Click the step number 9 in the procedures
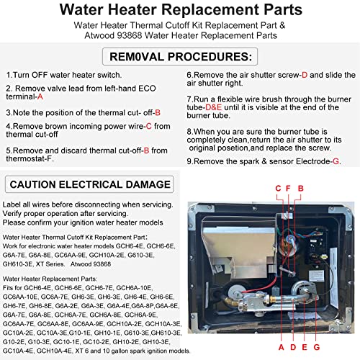click(189, 161)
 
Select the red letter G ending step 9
click(335, 161)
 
